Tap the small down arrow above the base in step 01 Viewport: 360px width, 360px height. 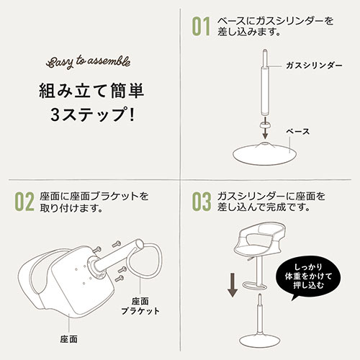[x=264, y=132]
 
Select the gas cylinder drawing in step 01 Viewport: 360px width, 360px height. [x=264, y=86]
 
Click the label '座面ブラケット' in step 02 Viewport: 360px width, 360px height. [x=145, y=305]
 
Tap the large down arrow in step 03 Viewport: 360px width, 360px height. [x=232, y=284]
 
